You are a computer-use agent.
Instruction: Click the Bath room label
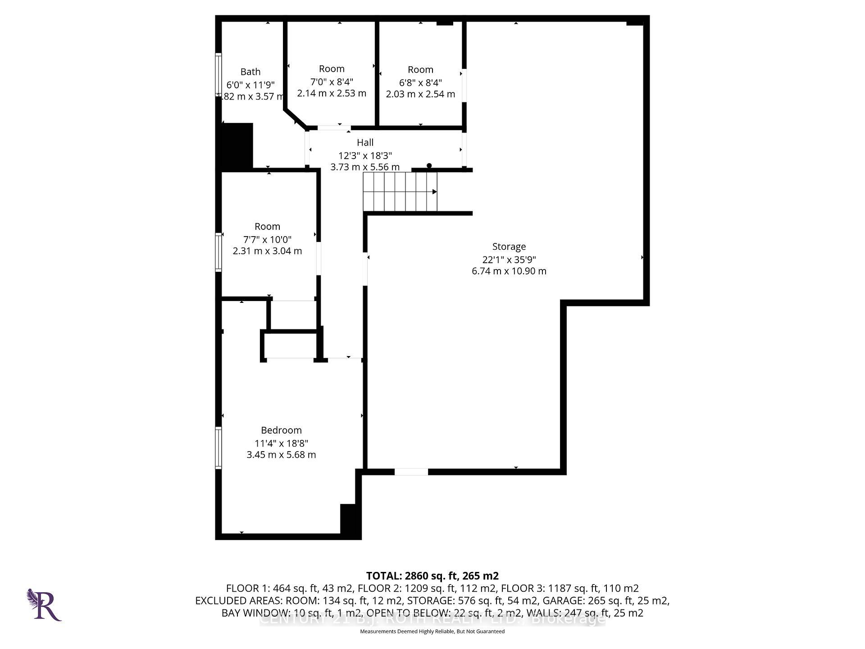[x=250, y=72]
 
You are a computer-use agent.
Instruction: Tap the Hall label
[x=365, y=142]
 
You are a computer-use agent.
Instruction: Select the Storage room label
[x=509, y=247]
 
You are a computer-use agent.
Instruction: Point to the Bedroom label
[x=281, y=430]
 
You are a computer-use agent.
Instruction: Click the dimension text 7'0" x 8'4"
[x=332, y=82]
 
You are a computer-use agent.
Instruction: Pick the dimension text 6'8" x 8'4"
[x=420, y=82]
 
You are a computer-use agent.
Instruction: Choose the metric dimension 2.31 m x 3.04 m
[x=267, y=251]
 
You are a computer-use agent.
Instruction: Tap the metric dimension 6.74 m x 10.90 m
[x=509, y=271]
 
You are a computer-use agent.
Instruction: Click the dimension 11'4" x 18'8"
[x=281, y=443]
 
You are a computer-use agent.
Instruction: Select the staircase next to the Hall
[x=400, y=192]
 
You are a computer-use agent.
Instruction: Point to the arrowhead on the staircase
[x=434, y=192]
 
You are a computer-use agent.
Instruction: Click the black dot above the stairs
[x=429, y=165]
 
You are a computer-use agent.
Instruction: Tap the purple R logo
[x=45, y=605]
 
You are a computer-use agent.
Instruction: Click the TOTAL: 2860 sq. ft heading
[x=432, y=576]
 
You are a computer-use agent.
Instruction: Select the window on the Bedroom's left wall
[x=219, y=448]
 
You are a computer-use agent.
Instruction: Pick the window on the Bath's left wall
[x=219, y=74]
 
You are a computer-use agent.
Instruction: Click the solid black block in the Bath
[x=237, y=146]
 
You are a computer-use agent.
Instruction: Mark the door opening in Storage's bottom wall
[x=411, y=472]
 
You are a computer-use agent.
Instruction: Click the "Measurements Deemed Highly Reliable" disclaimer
[x=432, y=631]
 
